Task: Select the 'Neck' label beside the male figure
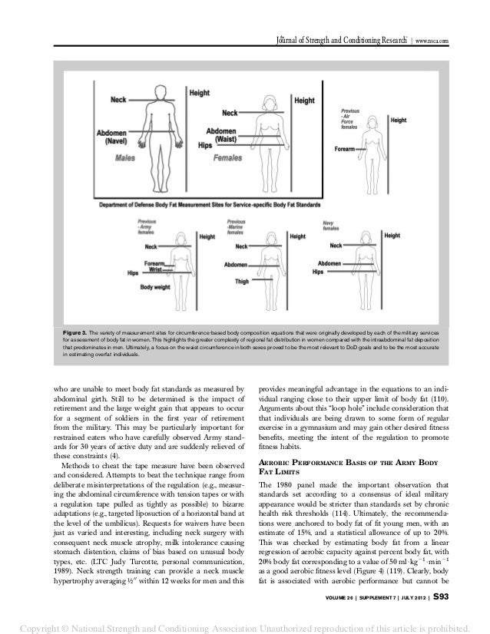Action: (x=119, y=100)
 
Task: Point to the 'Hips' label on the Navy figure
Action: (x=318, y=271)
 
